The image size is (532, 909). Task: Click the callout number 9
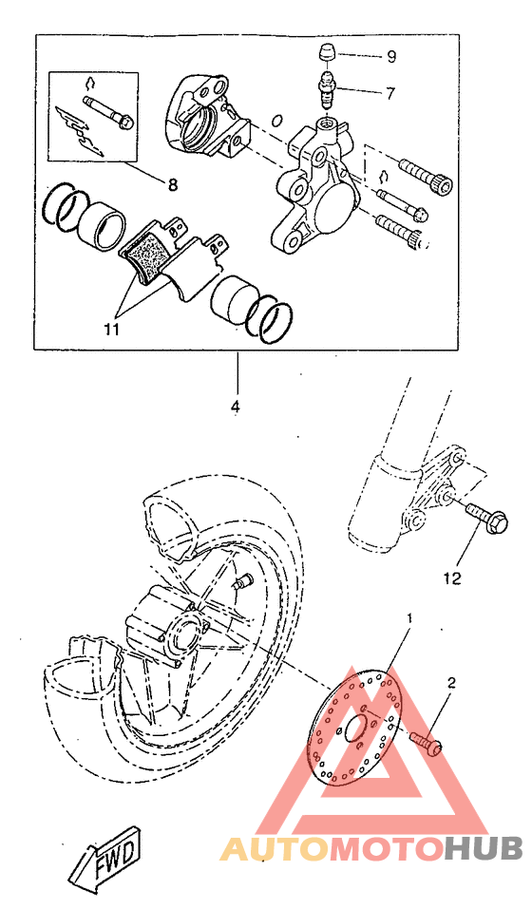click(x=390, y=56)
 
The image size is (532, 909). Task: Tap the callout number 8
click(x=172, y=185)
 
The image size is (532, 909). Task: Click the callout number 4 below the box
click(x=235, y=407)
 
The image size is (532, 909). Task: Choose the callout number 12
click(x=452, y=577)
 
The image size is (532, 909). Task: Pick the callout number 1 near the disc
click(x=409, y=618)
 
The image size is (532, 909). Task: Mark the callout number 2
click(x=452, y=682)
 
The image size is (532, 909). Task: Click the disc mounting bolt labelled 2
click(x=426, y=744)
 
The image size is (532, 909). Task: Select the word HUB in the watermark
click(x=484, y=847)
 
